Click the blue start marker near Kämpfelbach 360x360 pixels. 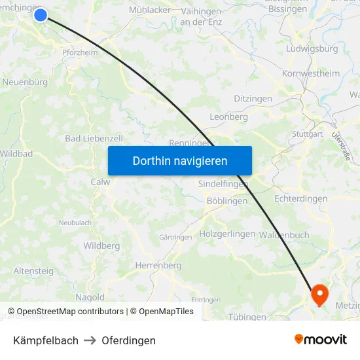point(41,14)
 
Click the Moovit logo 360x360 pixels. point(321,340)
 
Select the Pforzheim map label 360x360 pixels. point(79,52)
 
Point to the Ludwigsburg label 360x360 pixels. point(312,48)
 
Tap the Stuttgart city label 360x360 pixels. point(308,134)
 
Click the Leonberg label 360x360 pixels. point(228,117)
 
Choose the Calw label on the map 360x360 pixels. point(100,182)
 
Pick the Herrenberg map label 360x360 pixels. point(158,265)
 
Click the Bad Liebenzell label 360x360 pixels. point(94,139)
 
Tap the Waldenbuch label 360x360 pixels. point(284,234)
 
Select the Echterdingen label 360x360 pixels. point(301,198)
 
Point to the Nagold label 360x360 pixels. point(90,297)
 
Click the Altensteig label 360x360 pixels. point(33,270)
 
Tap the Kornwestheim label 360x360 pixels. point(311,73)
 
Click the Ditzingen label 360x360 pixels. point(253,98)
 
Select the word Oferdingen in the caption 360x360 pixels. point(128,340)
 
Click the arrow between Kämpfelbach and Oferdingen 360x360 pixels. point(90,340)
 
